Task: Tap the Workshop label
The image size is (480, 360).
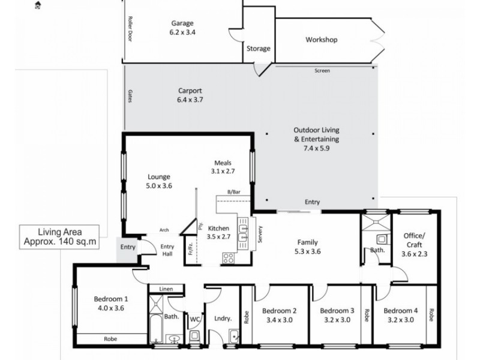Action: (322, 40)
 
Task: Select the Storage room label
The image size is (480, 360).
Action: (259, 49)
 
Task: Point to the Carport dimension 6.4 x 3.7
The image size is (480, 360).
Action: (190, 100)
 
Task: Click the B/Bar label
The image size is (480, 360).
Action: (233, 191)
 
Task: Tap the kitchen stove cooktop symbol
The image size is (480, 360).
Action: (229, 259)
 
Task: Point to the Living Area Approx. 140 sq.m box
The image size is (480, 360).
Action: (59, 236)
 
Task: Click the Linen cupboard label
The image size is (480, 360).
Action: (166, 289)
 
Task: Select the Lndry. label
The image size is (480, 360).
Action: (214, 320)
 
